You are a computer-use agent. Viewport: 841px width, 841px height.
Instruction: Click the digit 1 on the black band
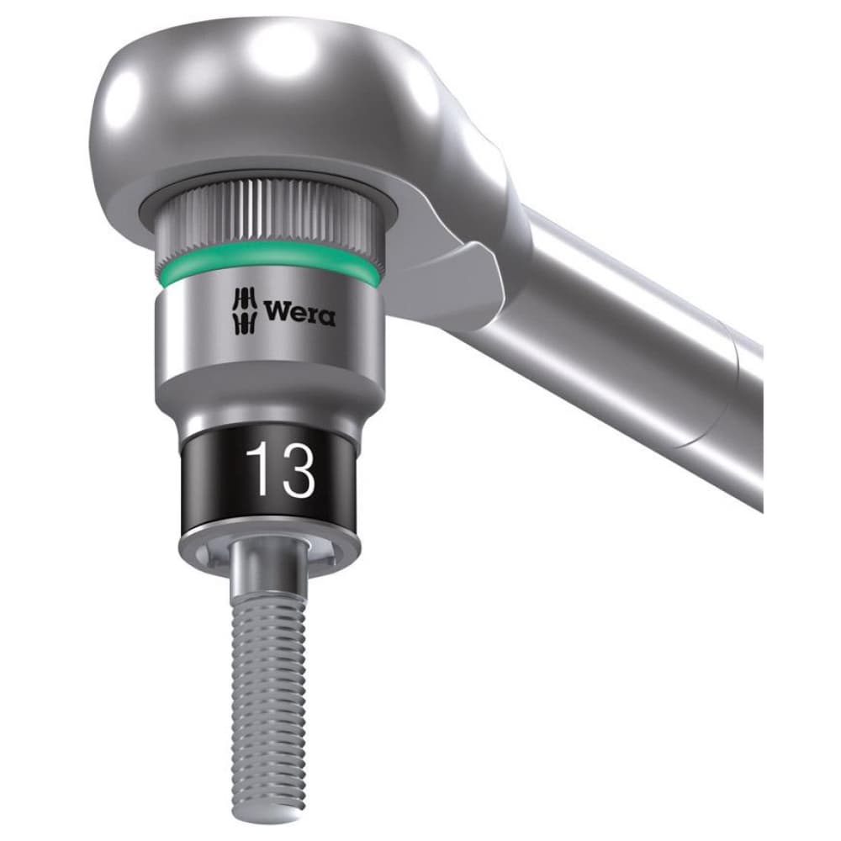(x=258, y=472)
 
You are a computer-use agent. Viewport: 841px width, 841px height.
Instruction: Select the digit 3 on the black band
(x=296, y=472)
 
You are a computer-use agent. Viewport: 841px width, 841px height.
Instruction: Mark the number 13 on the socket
(x=279, y=472)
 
